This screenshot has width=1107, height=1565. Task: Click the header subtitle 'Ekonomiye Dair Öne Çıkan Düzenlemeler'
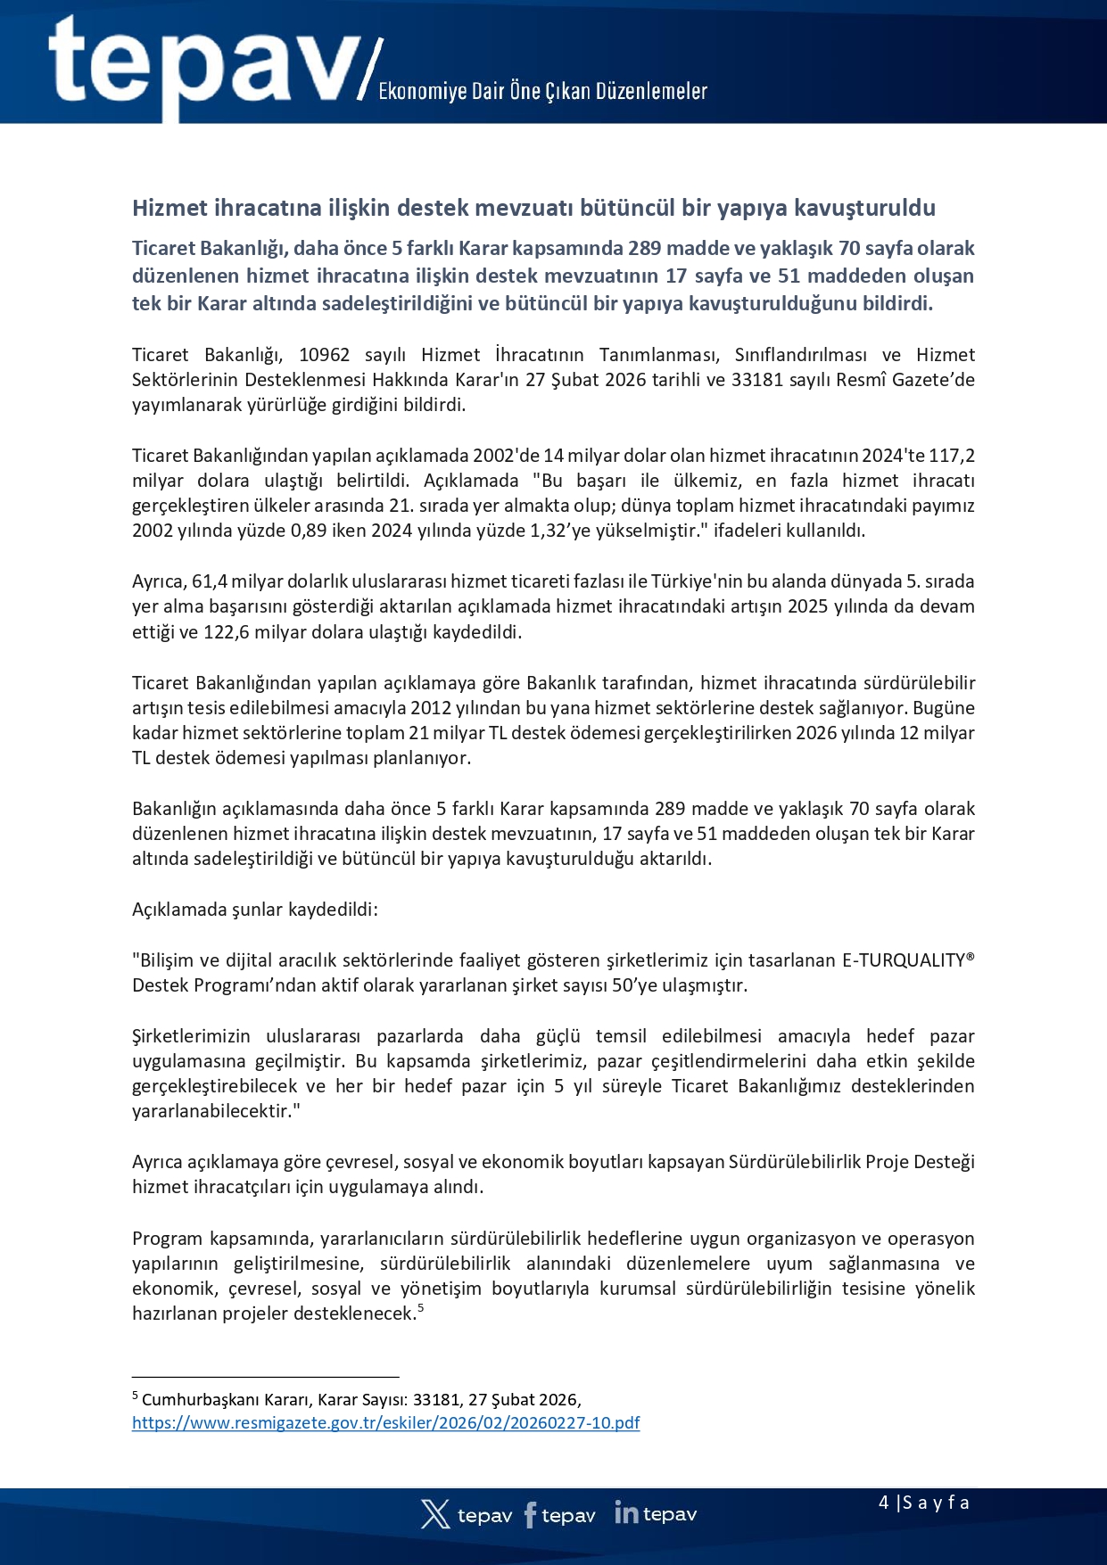[x=542, y=91]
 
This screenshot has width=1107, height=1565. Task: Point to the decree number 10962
[x=324, y=355]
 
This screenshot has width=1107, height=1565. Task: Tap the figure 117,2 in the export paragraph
[x=951, y=456]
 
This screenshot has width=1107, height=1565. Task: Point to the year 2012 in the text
[x=432, y=708]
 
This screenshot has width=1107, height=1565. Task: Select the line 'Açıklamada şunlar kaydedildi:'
[x=255, y=910]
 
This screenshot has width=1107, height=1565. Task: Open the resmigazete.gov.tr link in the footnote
[x=385, y=1423]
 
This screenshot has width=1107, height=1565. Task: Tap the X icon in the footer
[x=435, y=1514]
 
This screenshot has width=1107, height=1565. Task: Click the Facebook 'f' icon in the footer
[x=530, y=1515]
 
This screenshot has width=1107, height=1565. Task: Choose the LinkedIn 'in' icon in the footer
[x=626, y=1512]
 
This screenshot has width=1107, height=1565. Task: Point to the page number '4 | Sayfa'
[x=923, y=1503]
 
